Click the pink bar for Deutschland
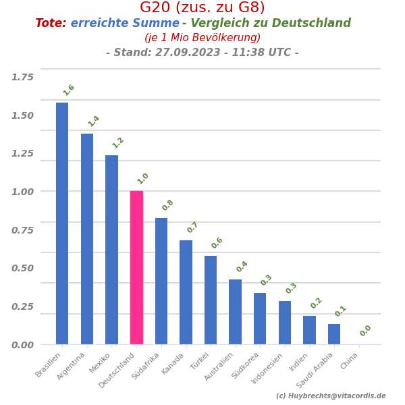coord(136,267)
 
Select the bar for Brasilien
coord(62,223)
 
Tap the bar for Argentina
coord(87,239)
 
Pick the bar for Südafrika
coord(161,281)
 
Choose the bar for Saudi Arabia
coord(334,334)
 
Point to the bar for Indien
coord(309,330)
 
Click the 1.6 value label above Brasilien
coord(69,90)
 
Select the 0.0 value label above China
coord(366,331)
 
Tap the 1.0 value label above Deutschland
coord(143,178)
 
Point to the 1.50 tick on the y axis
coord(22,115)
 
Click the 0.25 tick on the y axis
coord(22,306)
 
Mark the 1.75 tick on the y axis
coord(22,77)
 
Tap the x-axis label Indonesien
coord(268,369)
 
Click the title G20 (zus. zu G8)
coord(202,8)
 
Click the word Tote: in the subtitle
coord(51,24)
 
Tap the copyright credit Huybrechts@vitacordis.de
coord(331,396)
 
